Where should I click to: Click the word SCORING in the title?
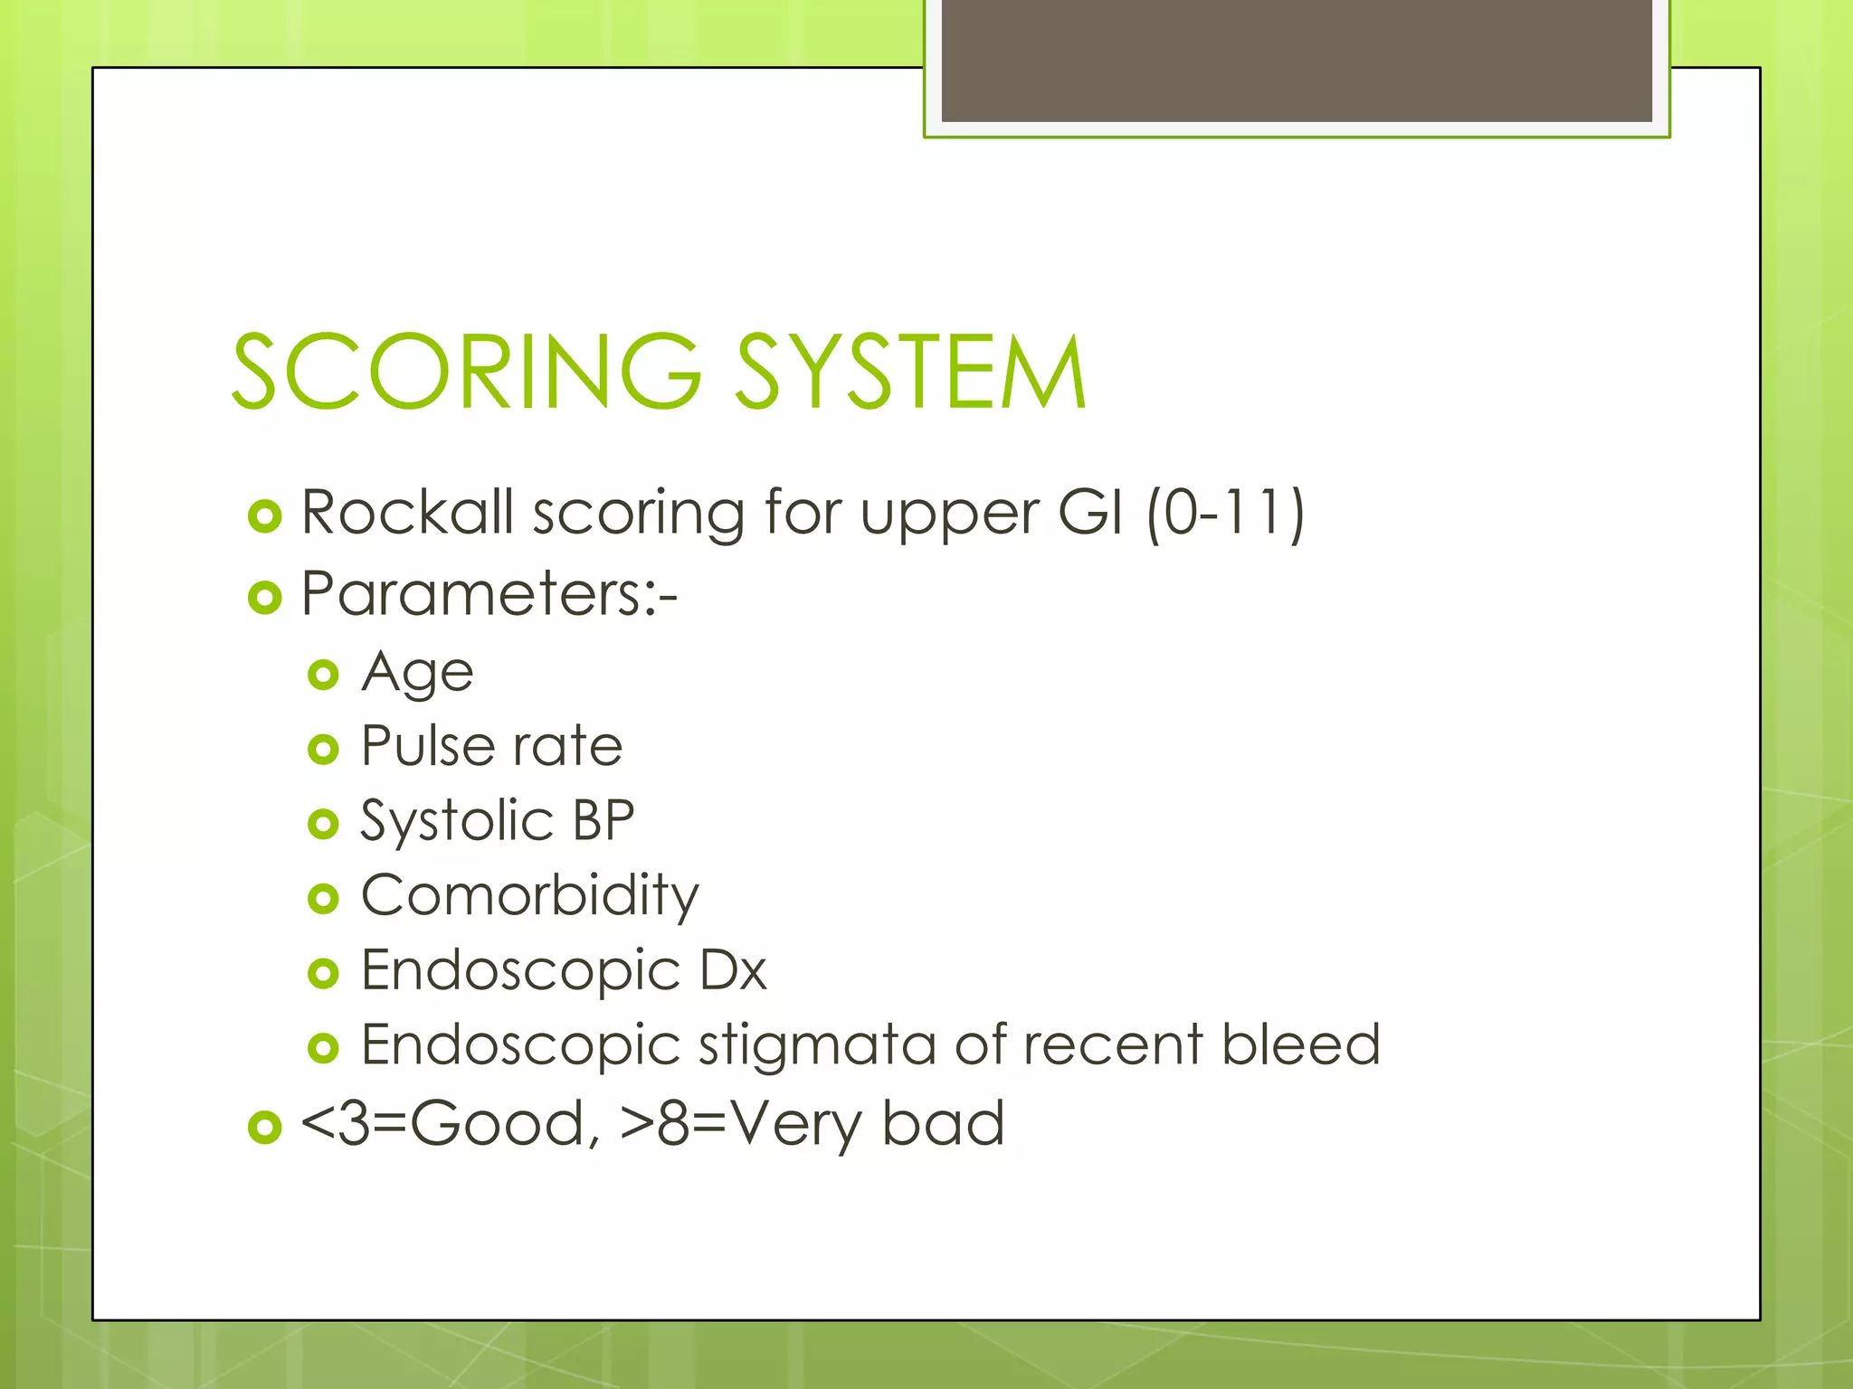[466, 371]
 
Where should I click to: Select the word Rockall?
[407, 512]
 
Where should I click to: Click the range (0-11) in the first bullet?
[1226, 513]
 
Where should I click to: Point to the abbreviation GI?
[1090, 512]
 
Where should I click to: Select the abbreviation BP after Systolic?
[603, 821]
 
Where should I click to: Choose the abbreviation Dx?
[733, 970]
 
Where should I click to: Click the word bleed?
[1301, 1044]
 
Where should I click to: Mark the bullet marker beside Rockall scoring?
[264, 516]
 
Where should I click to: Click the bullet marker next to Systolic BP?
[323, 824]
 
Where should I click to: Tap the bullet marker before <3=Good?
[264, 1127]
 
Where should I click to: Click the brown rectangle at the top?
[1297, 60]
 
